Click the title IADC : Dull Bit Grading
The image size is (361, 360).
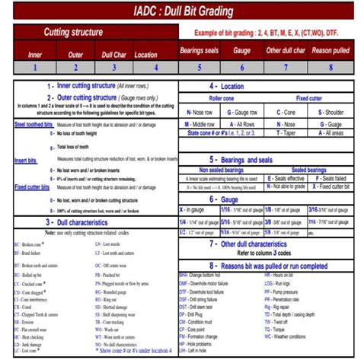click(x=180, y=11)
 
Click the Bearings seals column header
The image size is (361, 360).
click(x=200, y=50)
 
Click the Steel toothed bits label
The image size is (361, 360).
click(x=27, y=125)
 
